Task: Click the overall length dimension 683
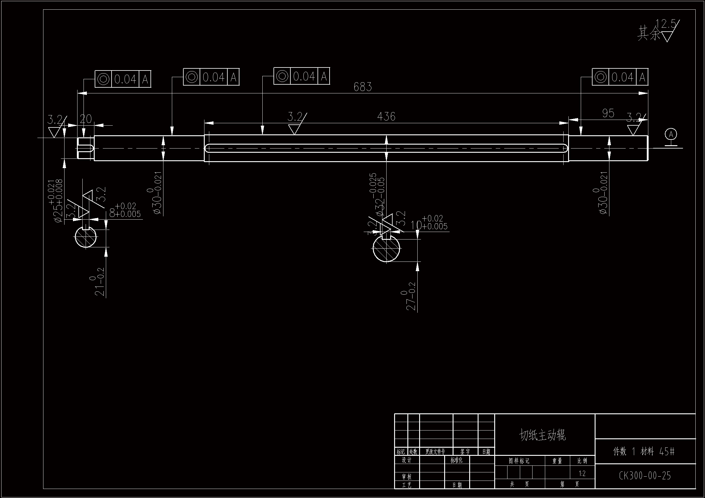coord(363,87)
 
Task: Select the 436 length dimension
coord(386,117)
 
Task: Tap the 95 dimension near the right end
coord(608,113)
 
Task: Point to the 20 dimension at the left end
coord(86,119)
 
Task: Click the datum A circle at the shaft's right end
coord(671,134)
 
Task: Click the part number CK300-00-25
coord(645,476)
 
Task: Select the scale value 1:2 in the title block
coord(582,474)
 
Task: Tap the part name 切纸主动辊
coord(542,435)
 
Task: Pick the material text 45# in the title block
coord(667,451)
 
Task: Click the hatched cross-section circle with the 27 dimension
coord(386,248)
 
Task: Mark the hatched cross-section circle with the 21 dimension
coord(86,237)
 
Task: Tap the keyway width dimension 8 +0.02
coord(125,210)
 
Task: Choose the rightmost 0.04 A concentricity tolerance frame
coord(620,77)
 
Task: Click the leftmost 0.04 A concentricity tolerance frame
coord(123,79)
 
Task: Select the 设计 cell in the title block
coord(406,460)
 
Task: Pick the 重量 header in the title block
coord(557,461)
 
